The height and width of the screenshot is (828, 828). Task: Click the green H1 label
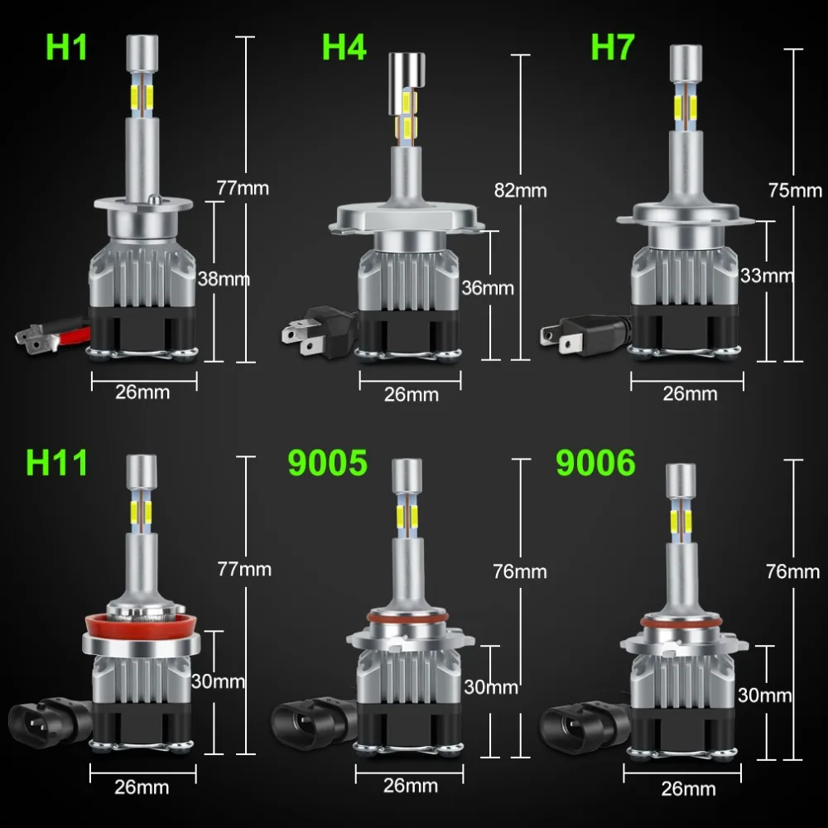pos(66,47)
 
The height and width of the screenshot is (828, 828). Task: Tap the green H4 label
pos(344,47)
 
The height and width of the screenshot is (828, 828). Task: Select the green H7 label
pos(613,47)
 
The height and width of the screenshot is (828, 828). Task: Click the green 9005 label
pos(327,462)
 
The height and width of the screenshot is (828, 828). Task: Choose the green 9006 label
pos(596,462)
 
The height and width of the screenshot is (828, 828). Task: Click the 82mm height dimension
pos(520,190)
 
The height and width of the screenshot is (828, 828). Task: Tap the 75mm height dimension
pos(794,190)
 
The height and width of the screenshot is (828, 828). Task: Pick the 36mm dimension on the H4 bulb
pos(487,288)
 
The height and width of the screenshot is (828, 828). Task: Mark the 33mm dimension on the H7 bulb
pos(766,275)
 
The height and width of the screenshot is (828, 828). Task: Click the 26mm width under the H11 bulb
pos(142,786)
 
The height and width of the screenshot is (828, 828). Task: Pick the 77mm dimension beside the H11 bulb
pos(244,569)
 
